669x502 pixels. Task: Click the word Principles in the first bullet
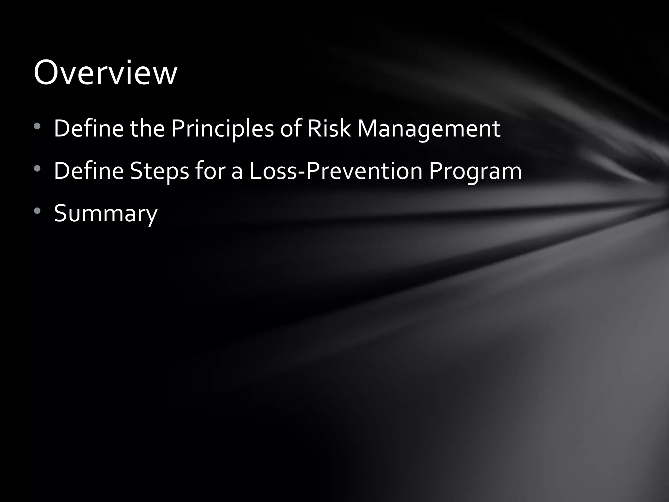point(222,129)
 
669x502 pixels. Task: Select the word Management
point(429,129)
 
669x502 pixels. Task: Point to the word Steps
point(159,171)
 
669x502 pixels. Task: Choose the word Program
point(475,171)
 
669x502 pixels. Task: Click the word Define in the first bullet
point(89,128)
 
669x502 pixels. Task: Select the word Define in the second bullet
point(89,171)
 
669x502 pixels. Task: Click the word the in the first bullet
point(147,128)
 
